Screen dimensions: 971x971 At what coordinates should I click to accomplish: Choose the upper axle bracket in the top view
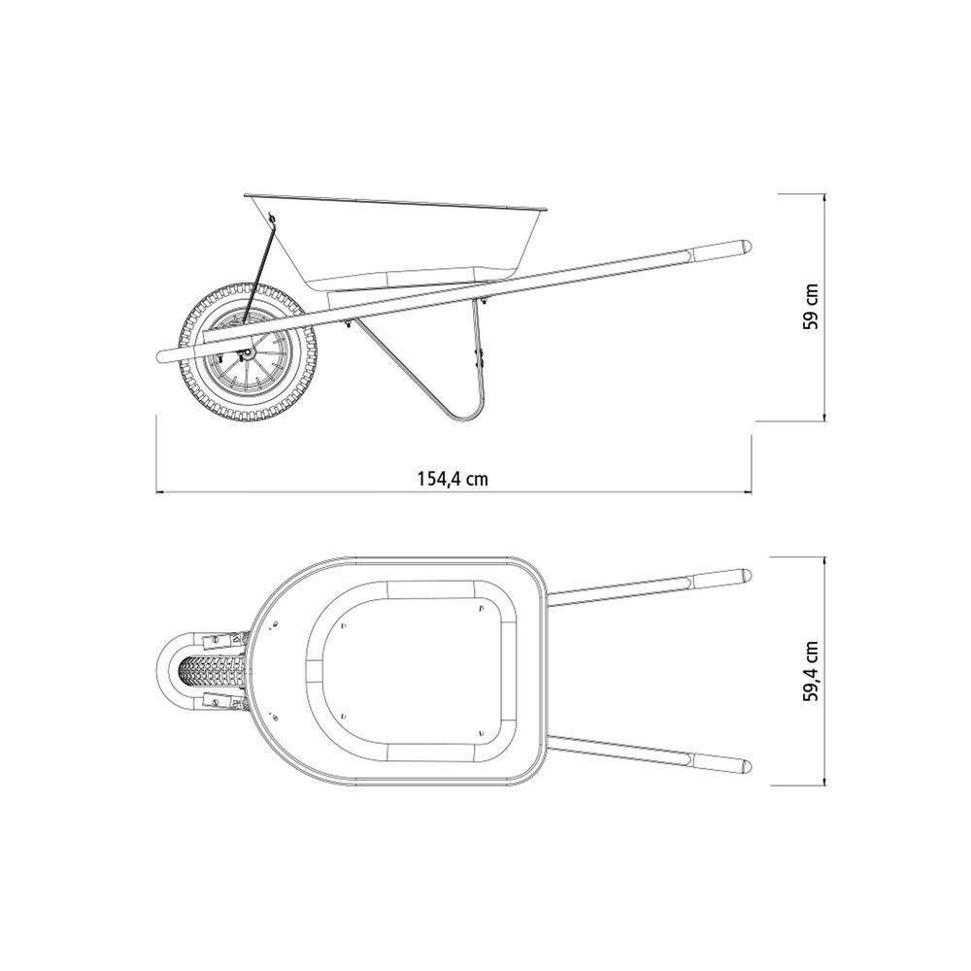click(x=224, y=640)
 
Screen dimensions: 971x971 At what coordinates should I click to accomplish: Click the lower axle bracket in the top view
click(x=224, y=699)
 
